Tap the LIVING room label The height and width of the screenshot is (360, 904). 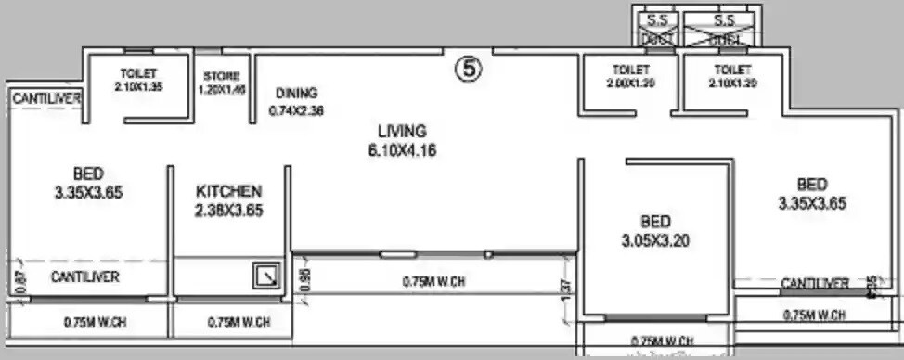coord(402,131)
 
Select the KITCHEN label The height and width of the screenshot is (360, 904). coord(228,190)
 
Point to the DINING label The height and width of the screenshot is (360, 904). coord(296,93)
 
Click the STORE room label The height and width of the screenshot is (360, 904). coord(222,76)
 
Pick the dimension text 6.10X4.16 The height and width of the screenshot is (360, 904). coord(402,149)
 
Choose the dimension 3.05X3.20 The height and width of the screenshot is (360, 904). coord(654,241)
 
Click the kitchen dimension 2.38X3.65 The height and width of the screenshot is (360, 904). coord(228,211)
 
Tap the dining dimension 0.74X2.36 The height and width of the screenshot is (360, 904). coord(296,110)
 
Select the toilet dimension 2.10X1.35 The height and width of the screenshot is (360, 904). coord(138,87)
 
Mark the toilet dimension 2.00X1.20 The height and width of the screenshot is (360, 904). coord(630,83)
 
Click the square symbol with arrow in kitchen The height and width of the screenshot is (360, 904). coord(266,276)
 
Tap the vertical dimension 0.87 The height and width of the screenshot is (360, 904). coord(21,281)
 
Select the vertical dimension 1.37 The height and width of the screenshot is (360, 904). coord(567,290)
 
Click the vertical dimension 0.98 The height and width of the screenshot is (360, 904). coord(303,279)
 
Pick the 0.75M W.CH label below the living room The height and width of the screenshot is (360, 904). coord(433,282)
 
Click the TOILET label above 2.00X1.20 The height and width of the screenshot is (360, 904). coord(630,70)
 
